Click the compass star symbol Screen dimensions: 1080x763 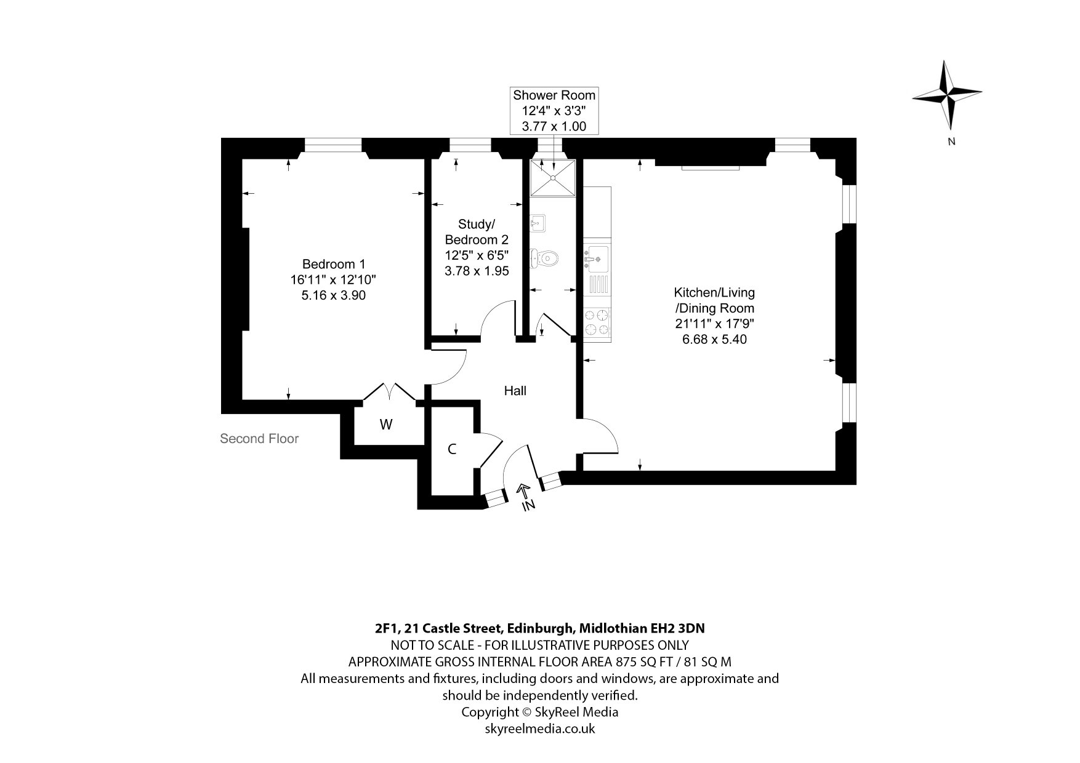pos(946,95)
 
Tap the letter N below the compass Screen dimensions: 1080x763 pos(951,142)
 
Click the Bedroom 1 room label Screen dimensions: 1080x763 pos(329,265)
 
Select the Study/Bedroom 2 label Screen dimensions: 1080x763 pos(477,231)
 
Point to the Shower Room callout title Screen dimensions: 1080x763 pos(554,95)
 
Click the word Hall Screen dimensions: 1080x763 pos(515,391)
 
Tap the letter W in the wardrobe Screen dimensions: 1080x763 pos(386,425)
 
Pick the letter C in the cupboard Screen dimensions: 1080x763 pos(452,449)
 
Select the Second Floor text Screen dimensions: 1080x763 pos(259,439)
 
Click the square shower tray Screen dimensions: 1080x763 pos(554,178)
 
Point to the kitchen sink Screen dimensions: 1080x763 pos(596,258)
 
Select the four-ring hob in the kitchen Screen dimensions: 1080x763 pos(597,321)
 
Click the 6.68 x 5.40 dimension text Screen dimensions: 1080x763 pos(714,339)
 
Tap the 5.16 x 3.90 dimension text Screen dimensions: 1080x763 pos(333,295)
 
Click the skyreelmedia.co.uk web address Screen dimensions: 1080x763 pos(540,729)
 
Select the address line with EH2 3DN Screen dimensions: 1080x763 pos(540,628)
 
